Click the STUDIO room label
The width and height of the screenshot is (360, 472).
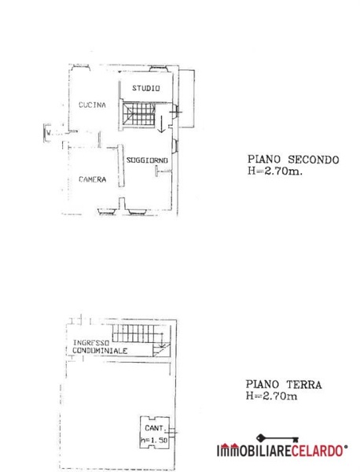pos(145,88)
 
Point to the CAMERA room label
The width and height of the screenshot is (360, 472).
pos(92,179)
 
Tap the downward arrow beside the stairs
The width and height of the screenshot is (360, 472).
pos(162,123)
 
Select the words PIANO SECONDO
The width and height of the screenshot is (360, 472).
pos(292,159)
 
